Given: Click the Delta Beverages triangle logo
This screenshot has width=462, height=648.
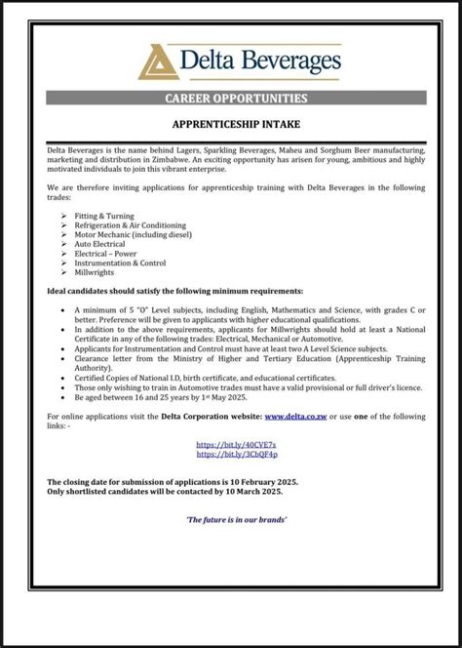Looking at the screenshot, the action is [157, 61].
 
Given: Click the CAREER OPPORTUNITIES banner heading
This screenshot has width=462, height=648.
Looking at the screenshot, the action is [236, 99].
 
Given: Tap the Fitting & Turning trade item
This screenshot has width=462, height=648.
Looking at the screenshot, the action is [104, 216].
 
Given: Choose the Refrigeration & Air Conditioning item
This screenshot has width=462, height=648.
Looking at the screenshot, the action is [130, 225].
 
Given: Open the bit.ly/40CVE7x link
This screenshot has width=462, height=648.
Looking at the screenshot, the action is [236, 444].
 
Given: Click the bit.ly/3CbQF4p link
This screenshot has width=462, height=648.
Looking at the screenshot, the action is [236, 454].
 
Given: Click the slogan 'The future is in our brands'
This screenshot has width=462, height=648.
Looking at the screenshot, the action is [236, 519].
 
